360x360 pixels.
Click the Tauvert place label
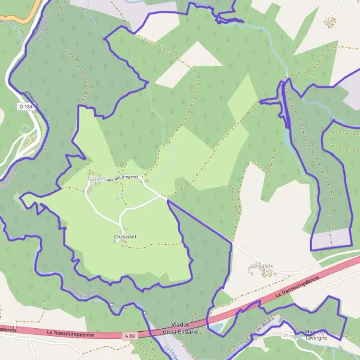pyautogui.click(x=96, y=179)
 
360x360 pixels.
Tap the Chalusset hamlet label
pyautogui.click(x=125, y=237)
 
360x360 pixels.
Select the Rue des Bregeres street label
pyautogui.click(x=122, y=177)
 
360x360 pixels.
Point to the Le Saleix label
pyautogui.click(x=262, y=265)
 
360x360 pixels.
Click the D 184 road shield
pyautogui.click(x=25, y=106)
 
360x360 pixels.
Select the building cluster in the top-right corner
pyautogui.click(x=330, y=22)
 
